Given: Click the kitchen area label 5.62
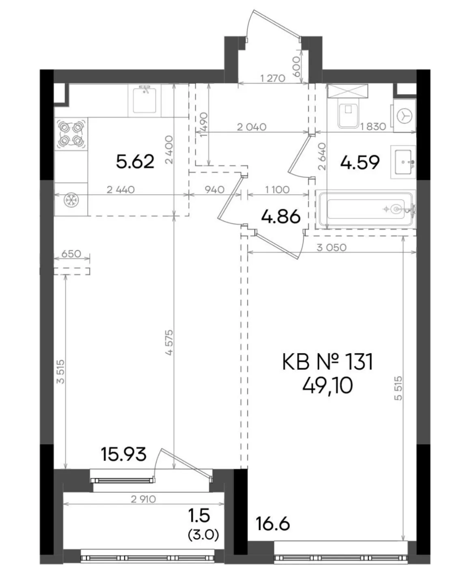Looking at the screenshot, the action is click(x=135, y=162).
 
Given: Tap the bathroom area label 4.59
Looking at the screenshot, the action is click(x=360, y=162).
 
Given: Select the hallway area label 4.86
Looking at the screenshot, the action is click(x=281, y=216).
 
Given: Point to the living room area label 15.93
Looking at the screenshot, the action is click(x=123, y=454).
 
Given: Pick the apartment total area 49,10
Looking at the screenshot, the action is click(x=328, y=386).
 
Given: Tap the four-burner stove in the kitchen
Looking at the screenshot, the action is click(x=71, y=134).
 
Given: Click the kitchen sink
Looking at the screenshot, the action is click(x=145, y=99).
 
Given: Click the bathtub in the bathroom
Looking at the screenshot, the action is click(x=366, y=209).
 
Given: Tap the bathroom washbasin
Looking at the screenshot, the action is click(x=403, y=162).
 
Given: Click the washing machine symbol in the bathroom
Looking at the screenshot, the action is click(x=404, y=116).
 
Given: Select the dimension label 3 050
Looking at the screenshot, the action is click(x=332, y=247).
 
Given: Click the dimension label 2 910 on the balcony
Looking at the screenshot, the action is click(x=143, y=499).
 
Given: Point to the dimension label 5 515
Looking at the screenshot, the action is click(x=399, y=388).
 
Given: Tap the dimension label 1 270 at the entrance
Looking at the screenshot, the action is click(x=272, y=79).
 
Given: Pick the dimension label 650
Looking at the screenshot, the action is click(x=71, y=254).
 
